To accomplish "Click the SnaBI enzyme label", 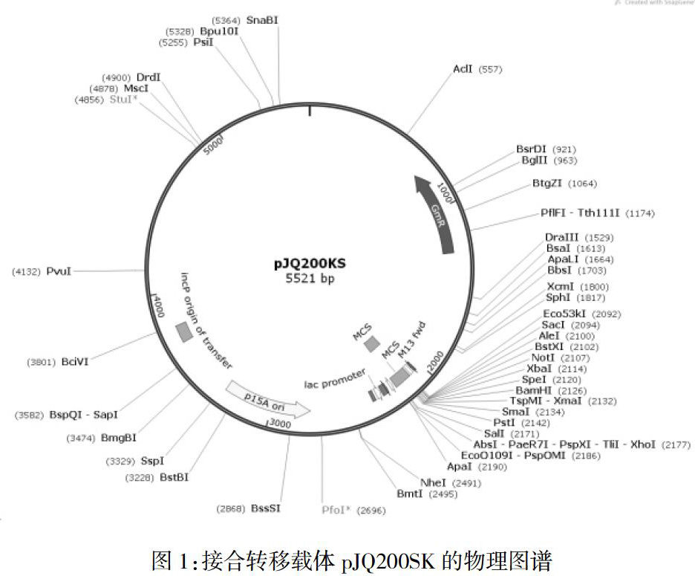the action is click(262, 19).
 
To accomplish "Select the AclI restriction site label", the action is click(463, 69).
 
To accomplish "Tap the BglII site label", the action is click(533, 161).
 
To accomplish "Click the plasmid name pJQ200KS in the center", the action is click(310, 263).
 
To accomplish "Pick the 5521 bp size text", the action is click(310, 279).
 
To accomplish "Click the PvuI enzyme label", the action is click(59, 271).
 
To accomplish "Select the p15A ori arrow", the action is click(267, 399).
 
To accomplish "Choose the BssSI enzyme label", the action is click(266, 508).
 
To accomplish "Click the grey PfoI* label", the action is click(338, 510).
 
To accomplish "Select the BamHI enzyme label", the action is click(533, 390).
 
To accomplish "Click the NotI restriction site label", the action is click(544, 357).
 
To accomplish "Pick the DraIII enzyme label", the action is click(561, 237).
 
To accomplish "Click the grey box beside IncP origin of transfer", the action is click(183, 331).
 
